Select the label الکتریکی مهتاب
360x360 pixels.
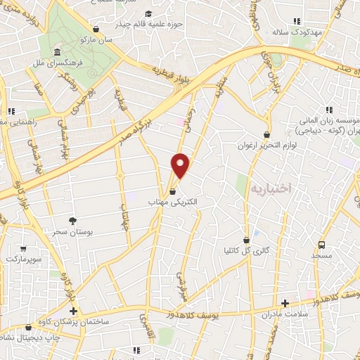(173, 202)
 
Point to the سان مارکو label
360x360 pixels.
(96, 40)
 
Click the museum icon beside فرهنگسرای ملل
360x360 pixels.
(56, 52)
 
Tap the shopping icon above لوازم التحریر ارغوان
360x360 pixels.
(266, 135)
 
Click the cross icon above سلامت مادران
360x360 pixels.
(285, 304)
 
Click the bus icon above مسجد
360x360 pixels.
(321, 245)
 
